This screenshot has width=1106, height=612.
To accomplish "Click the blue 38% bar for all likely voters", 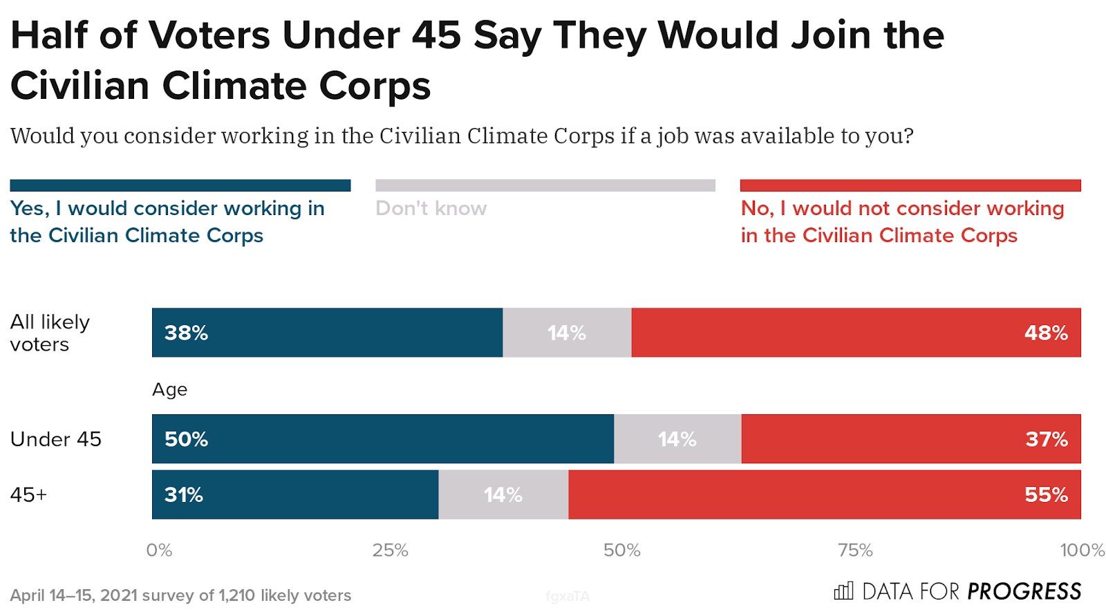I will point(327,333).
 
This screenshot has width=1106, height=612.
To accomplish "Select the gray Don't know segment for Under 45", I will point(677,439).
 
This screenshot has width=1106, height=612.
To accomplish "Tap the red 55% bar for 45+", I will point(824,494).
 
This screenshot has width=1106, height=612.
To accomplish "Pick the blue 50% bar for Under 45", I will point(382,439).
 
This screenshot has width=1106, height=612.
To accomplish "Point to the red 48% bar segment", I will point(856,333).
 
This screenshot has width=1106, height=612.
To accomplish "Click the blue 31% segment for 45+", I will point(295,494).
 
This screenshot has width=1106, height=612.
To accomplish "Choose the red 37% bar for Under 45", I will point(911,439).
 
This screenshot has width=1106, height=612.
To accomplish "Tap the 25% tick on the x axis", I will point(390,550).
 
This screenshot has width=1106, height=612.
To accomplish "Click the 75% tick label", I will point(855,550).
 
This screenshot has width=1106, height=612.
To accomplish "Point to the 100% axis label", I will point(1082,550).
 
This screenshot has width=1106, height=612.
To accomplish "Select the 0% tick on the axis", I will point(159,550).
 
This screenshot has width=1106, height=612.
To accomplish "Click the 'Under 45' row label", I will point(56,439).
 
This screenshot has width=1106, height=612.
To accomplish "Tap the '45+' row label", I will point(28,494).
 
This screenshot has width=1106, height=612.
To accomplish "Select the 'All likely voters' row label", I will point(50,333).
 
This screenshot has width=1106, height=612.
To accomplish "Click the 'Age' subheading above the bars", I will point(169,389).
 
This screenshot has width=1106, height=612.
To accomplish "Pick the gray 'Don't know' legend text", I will point(431,208).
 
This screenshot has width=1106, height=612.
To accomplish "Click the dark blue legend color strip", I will point(180,185).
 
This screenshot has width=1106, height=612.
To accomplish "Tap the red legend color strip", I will point(910,185).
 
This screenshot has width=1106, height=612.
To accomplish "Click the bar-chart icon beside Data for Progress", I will point(843,591).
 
